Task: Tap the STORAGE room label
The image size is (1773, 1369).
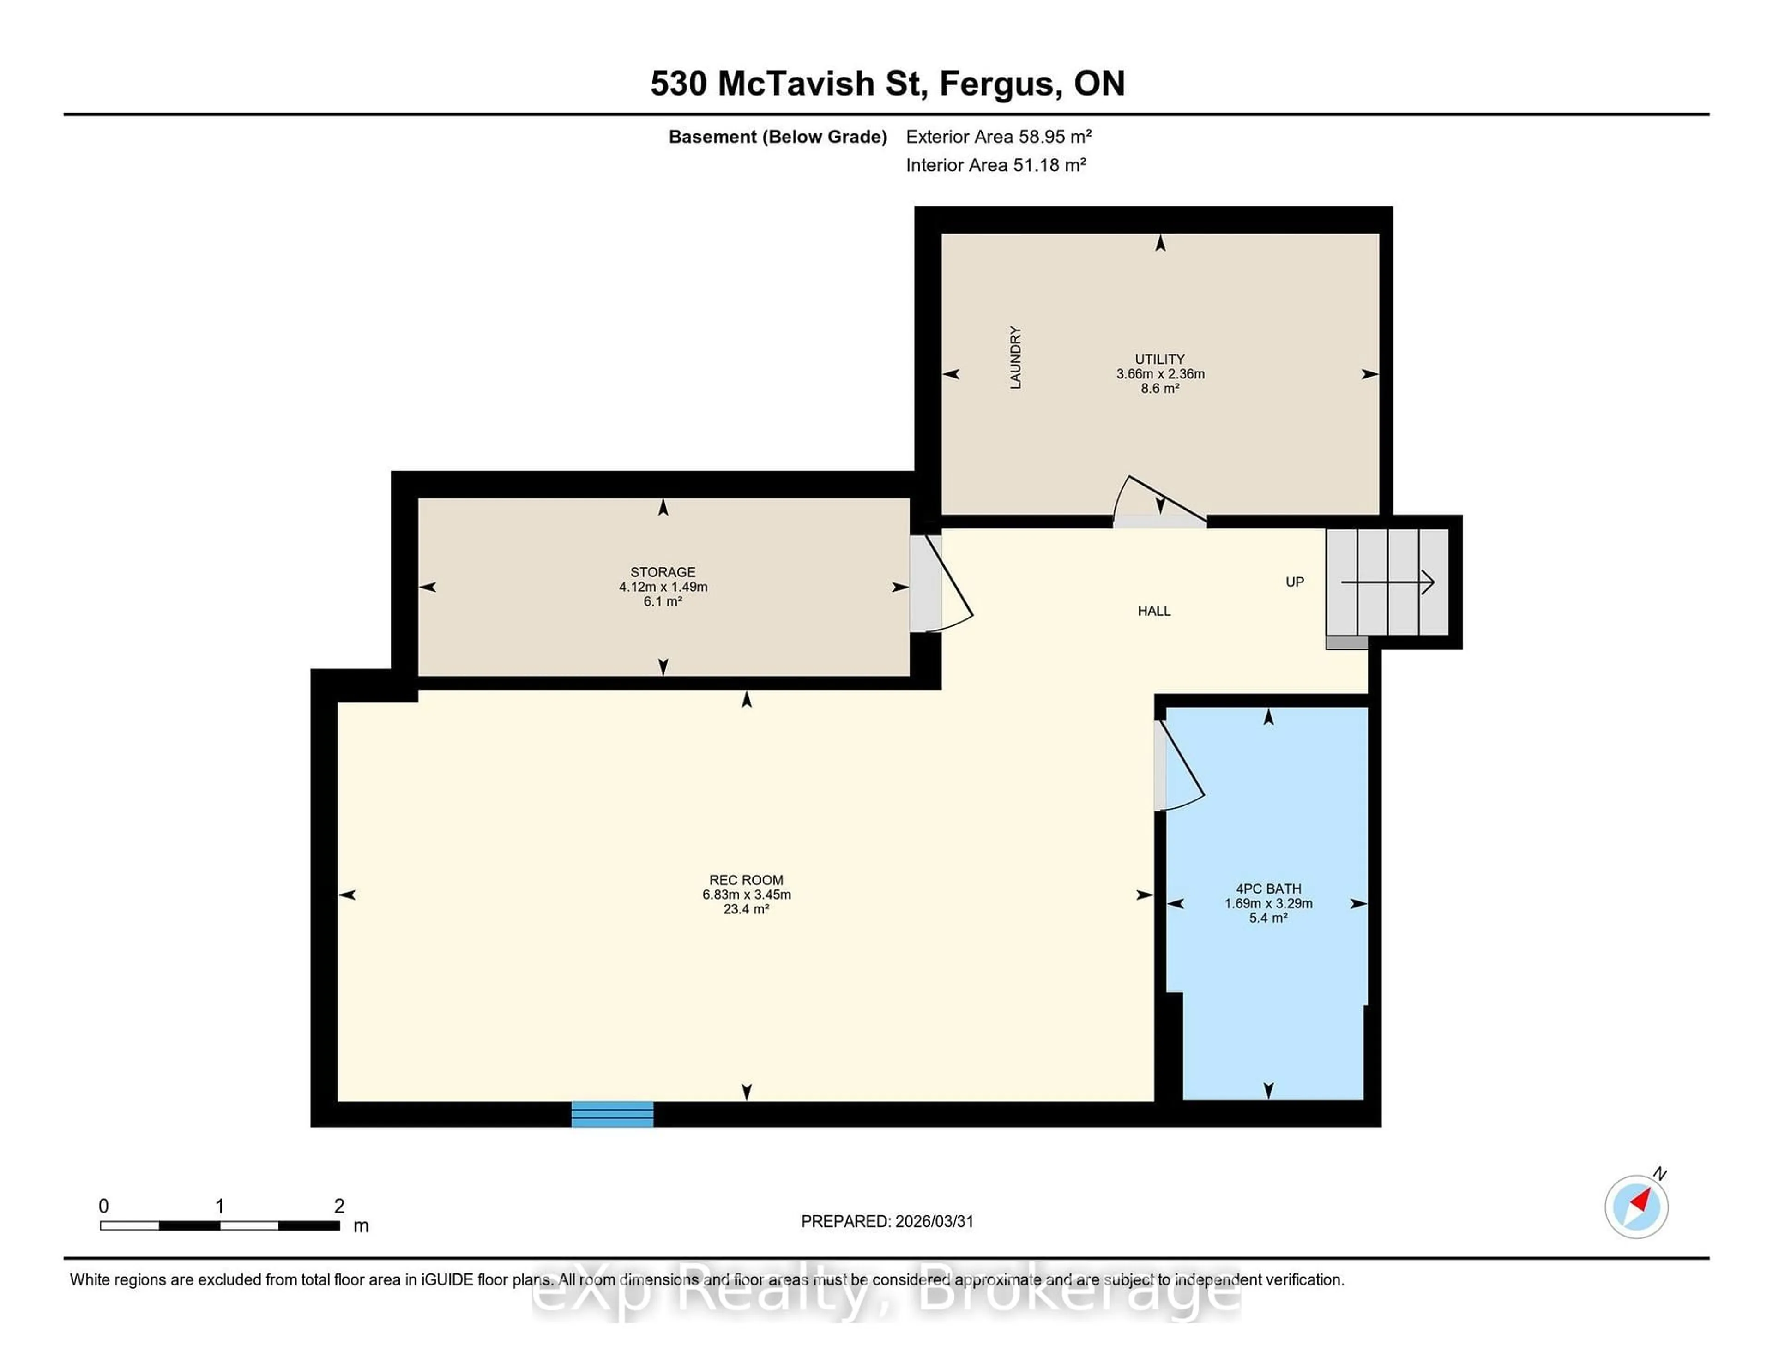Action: coord(663,572)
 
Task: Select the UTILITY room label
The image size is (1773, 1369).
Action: coord(1159,359)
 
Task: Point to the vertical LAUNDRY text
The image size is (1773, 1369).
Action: coord(1015,358)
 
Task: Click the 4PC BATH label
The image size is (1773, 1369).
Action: coord(1268,889)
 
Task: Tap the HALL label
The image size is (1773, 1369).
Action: coord(1153,611)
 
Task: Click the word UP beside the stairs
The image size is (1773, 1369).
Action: coord(1294,582)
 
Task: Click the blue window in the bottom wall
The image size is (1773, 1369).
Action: coord(612,1114)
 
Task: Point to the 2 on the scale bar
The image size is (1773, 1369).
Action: coord(339,1206)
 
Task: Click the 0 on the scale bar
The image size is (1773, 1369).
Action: coord(103,1206)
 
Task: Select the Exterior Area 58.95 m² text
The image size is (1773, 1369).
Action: coord(999,136)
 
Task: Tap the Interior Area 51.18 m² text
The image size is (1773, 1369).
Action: coord(996,165)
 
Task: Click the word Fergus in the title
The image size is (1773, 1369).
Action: coord(1000,84)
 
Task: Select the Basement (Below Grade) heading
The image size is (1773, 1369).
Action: coord(777,136)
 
